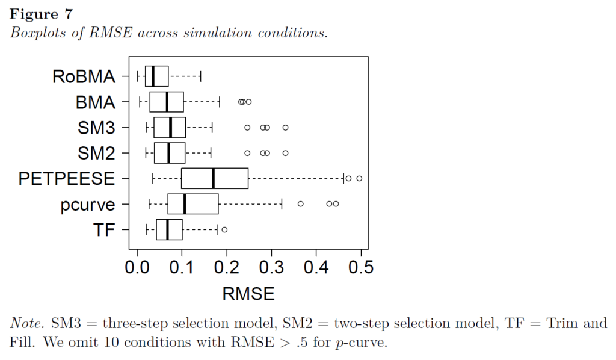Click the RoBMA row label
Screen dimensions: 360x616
[x=83, y=77]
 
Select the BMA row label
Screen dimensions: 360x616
[x=95, y=103]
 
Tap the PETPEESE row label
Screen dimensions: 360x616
[x=66, y=179]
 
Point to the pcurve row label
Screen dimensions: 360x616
[x=87, y=205]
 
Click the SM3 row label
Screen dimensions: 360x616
[x=96, y=128]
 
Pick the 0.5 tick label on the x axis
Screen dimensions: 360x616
[x=361, y=267]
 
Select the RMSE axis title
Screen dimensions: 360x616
[x=248, y=294]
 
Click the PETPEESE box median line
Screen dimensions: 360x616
[x=214, y=179]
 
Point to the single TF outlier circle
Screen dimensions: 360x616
[x=224, y=229]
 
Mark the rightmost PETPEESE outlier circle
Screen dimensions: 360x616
[x=359, y=178]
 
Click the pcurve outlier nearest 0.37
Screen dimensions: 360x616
[x=301, y=204]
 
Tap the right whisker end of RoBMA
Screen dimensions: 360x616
[x=200, y=77]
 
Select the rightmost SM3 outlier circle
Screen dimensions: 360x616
[x=286, y=128]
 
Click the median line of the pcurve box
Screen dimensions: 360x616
[x=184, y=204]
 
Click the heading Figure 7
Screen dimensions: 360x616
[x=41, y=14]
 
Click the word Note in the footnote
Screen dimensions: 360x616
[x=23, y=324]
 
